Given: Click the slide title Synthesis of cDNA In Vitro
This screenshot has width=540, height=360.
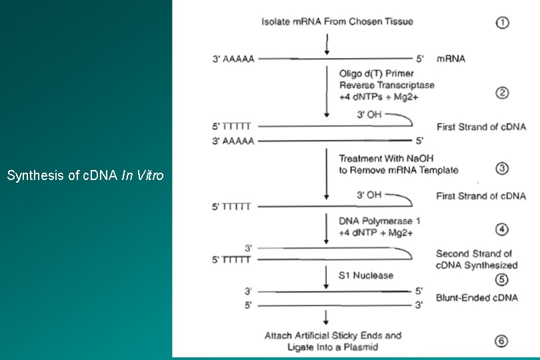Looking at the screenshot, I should click(85, 176).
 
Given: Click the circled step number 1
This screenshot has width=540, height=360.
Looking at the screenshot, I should click(502, 22).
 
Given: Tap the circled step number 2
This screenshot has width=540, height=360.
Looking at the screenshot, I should click(502, 93).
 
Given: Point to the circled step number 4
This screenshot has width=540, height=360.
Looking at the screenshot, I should click(502, 230).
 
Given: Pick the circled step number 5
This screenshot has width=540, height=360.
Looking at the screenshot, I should click(502, 280).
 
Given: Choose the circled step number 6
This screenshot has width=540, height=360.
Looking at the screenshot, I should click(502, 341).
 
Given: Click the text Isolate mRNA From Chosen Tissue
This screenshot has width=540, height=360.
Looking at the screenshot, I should click(337, 21).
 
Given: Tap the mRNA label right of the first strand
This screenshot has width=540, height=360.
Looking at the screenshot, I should click(451, 59).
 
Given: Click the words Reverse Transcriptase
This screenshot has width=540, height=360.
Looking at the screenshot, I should click(387, 85).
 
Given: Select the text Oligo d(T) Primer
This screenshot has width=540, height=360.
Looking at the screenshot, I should click(377, 74).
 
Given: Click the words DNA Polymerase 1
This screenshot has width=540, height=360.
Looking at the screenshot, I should click(379, 221).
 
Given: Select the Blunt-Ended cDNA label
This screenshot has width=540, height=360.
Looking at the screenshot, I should click(477, 298).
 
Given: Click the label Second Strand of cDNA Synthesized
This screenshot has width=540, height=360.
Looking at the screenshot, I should click(473, 259).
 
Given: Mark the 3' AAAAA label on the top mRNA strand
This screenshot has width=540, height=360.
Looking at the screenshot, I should click(233, 59).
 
